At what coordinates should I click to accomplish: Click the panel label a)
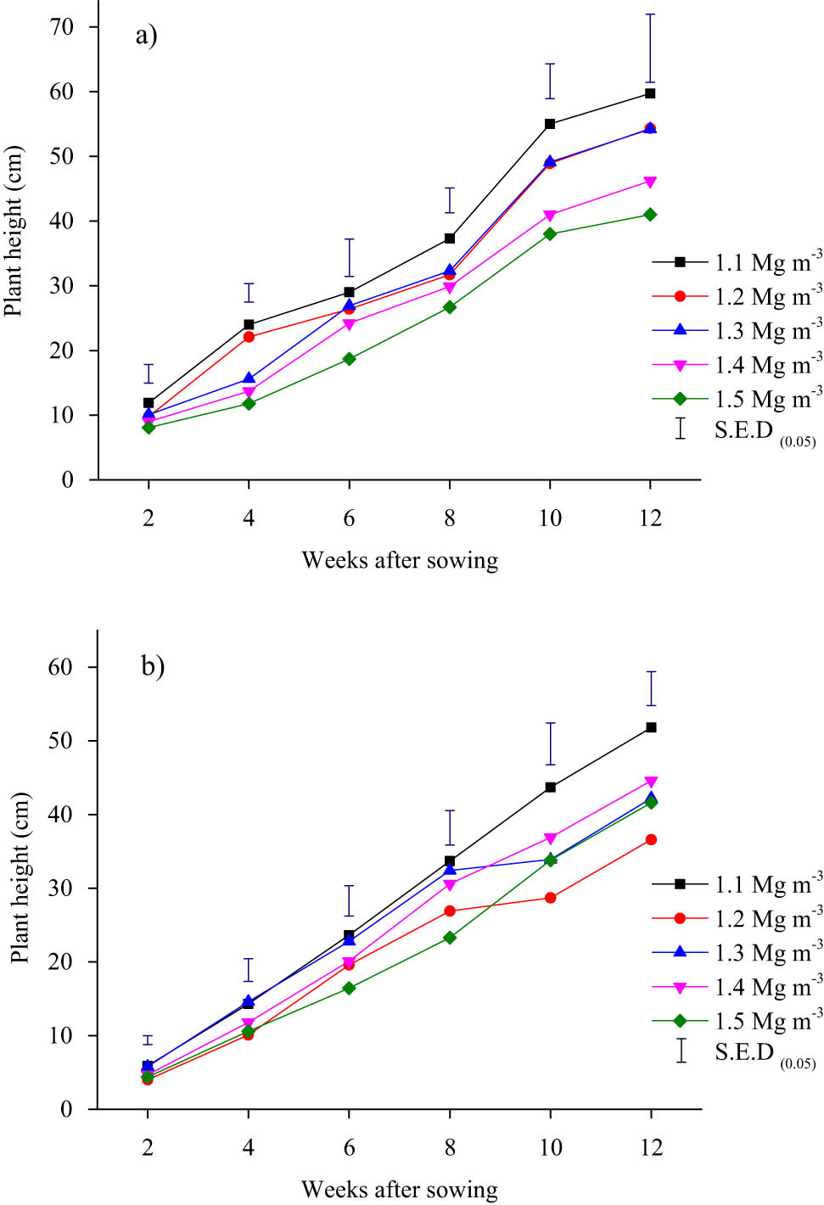coord(146,36)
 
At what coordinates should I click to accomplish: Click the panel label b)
coord(153,665)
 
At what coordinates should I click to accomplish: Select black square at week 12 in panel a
coord(650,93)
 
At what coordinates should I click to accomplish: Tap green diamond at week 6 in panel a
coord(349,359)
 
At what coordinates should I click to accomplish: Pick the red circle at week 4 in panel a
coord(249,337)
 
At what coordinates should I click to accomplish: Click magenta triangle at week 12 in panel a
coord(650,182)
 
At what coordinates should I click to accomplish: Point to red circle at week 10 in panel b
coord(550,898)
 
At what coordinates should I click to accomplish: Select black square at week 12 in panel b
coord(651,727)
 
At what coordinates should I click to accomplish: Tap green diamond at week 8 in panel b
coord(450,938)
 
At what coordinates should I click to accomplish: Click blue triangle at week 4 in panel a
coord(249,378)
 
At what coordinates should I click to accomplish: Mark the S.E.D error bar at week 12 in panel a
coord(650,48)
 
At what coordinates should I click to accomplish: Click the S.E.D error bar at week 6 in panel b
coord(349,900)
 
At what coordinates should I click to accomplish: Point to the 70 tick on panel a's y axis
coord(62,26)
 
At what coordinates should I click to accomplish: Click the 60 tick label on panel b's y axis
coord(61,667)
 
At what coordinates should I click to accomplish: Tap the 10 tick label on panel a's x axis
coord(550,518)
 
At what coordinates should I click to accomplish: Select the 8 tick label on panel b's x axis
coord(450,1147)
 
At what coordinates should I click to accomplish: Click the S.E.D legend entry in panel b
coord(747,1052)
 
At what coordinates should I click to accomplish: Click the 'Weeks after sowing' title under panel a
coord(400,560)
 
